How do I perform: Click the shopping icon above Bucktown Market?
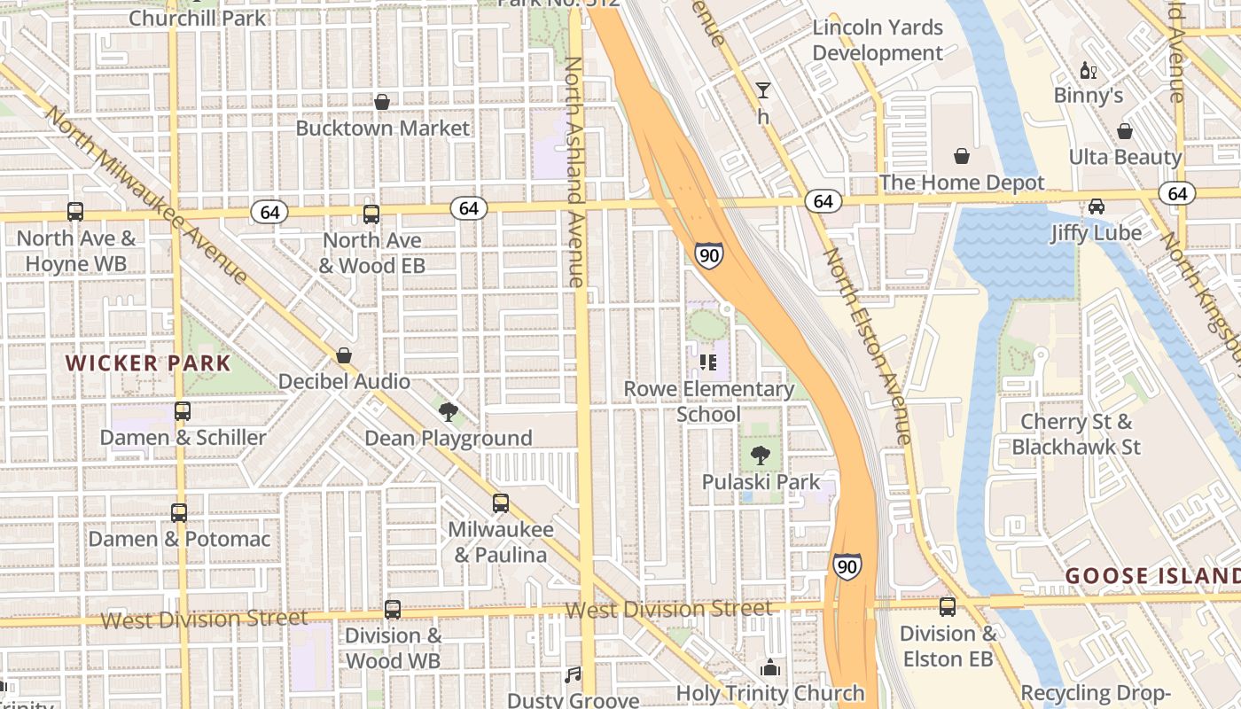pyautogui.click(x=382, y=102)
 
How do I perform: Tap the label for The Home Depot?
pyautogui.click(x=962, y=183)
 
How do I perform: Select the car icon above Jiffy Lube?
pyautogui.click(x=1097, y=206)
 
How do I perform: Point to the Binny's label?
pyautogui.click(x=1088, y=95)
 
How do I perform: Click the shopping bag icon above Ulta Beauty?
pyautogui.click(x=1125, y=131)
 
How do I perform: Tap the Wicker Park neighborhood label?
pyautogui.click(x=148, y=362)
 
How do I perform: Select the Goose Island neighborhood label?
pyautogui.click(x=1152, y=576)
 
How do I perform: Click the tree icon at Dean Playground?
pyautogui.click(x=449, y=411)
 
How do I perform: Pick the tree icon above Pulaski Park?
pyautogui.click(x=760, y=456)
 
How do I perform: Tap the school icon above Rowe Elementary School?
pyautogui.click(x=708, y=362)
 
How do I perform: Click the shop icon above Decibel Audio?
pyautogui.click(x=344, y=355)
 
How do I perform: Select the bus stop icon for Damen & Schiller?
pyautogui.click(x=183, y=411)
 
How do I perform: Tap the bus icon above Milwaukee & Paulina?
pyautogui.click(x=501, y=503)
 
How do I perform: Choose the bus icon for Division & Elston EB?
pyautogui.click(x=948, y=607)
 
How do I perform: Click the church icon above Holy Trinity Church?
pyautogui.click(x=769, y=666)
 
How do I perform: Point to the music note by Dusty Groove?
pyautogui.click(x=573, y=675)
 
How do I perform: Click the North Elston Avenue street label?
pyautogui.click(x=867, y=346)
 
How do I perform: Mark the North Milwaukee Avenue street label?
pyautogui.click(x=146, y=195)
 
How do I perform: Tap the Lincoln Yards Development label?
pyautogui.click(x=878, y=40)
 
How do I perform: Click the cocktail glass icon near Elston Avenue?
pyautogui.click(x=762, y=90)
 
